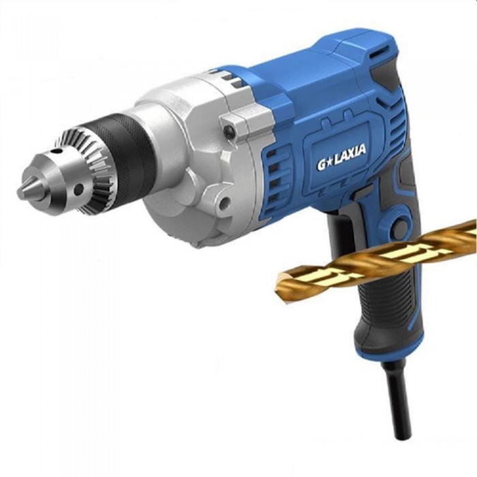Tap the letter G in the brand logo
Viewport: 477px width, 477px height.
(x=321, y=165)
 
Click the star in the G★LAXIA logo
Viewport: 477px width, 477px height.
(x=330, y=161)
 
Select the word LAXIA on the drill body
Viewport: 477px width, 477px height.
(x=350, y=153)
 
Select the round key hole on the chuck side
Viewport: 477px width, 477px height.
(x=79, y=189)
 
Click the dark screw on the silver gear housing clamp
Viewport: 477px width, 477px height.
(x=228, y=131)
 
